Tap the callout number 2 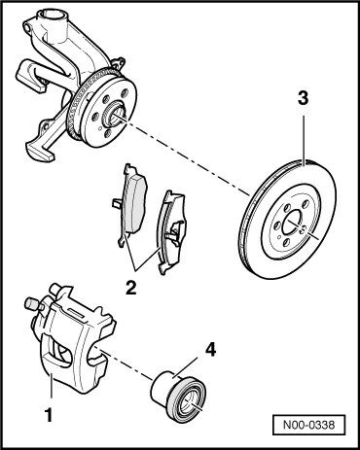point(131,287)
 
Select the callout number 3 point(303,98)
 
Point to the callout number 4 point(210,350)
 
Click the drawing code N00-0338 point(308,425)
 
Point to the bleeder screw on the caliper point(30,303)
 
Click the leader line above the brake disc point(304,141)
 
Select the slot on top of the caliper point(75,313)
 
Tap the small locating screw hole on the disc point(302,230)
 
